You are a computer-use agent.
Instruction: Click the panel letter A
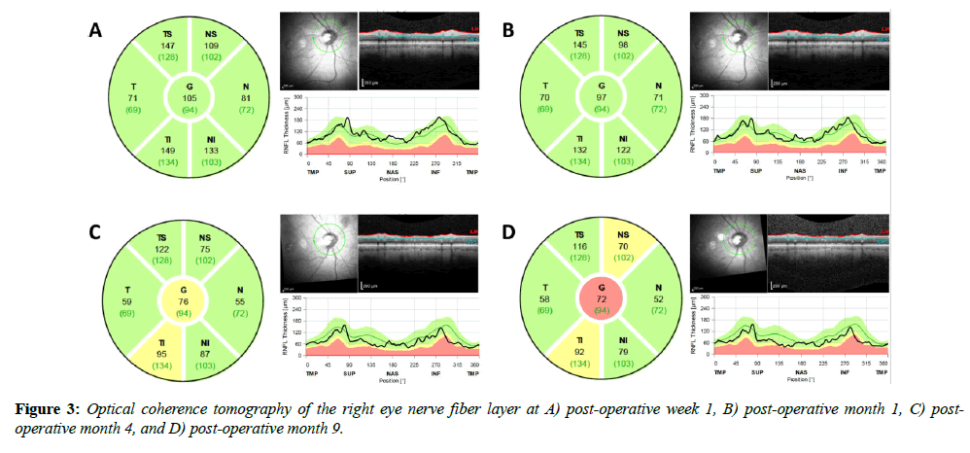[94, 31]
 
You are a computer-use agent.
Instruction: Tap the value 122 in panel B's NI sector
[623, 151]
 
